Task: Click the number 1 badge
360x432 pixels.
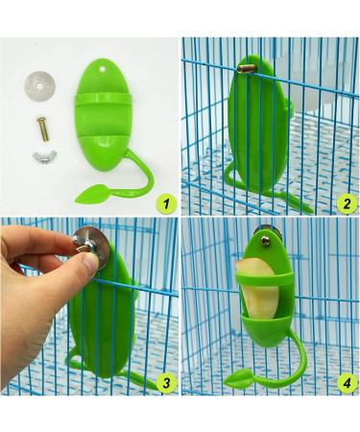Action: point(166,204)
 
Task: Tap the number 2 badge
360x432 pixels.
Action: point(347,204)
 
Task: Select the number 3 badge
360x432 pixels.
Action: point(166,383)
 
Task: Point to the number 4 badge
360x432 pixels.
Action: point(347,383)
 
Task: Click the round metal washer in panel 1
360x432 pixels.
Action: point(39,85)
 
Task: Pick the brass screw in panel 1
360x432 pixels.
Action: point(41,129)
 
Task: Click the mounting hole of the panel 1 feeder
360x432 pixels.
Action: point(103,68)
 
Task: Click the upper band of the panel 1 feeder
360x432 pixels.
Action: point(103,98)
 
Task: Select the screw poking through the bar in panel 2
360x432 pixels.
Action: point(247,67)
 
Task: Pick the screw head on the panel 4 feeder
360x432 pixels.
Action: point(265,241)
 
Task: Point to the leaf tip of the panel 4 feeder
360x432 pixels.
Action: point(225,381)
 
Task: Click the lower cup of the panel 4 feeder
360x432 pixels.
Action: point(266,329)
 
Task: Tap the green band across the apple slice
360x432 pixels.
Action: point(264,278)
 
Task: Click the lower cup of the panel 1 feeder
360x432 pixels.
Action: point(103,152)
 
